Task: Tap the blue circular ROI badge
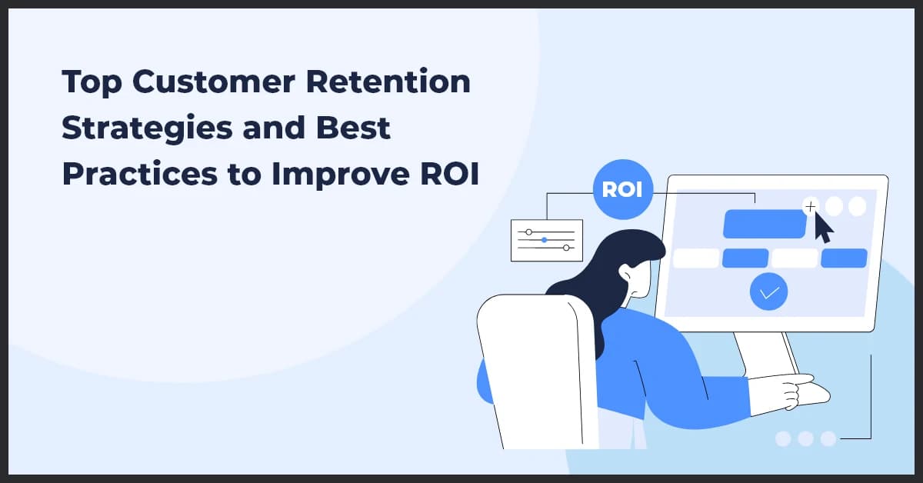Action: coord(622,189)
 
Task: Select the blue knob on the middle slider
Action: coord(545,240)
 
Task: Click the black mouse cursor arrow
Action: coord(821,228)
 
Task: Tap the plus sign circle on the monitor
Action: coord(810,206)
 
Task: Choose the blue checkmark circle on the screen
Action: coord(769,291)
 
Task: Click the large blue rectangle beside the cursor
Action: coord(763,224)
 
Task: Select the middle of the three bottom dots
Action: coord(805,438)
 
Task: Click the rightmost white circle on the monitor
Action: coord(857,206)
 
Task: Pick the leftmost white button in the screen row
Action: coord(695,258)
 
